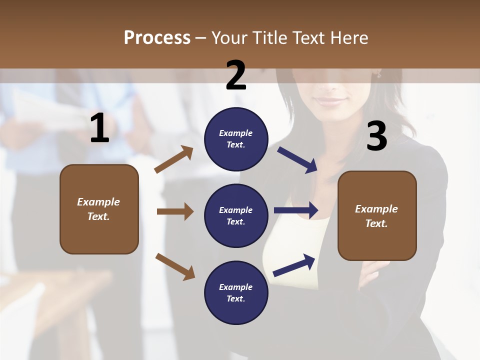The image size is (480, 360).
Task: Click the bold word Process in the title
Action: [157, 37]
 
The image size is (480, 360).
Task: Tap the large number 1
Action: [99, 128]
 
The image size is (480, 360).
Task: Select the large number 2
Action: [236, 75]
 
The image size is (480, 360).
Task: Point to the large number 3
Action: [376, 136]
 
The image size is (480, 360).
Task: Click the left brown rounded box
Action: [99, 209]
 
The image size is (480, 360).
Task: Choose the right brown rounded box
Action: [377, 216]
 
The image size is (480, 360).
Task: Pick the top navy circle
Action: [236, 139]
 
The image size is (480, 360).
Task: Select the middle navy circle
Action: [236, 216]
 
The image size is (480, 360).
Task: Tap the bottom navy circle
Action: [236, 293]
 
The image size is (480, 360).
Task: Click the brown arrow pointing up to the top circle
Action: [174, 159]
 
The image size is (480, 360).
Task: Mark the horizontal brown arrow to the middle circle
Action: [175, 211]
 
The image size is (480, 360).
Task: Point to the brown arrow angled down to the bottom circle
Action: [175, 266]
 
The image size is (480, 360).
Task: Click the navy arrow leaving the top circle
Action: [298, 159]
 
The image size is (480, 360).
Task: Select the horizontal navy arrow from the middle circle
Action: [296, 210]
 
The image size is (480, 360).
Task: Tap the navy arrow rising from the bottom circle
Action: [294, 265]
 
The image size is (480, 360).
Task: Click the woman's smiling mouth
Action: [330, 100]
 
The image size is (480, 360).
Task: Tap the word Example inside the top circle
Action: [236, 133]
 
